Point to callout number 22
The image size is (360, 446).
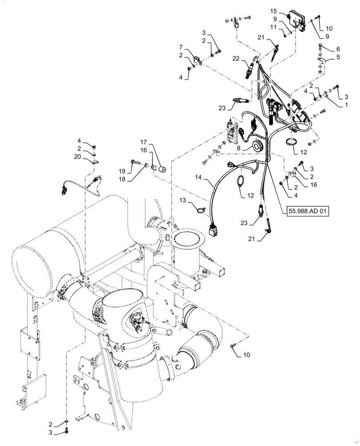(236, 58)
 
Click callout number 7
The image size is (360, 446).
(181, 47)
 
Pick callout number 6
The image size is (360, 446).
(338, 49)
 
